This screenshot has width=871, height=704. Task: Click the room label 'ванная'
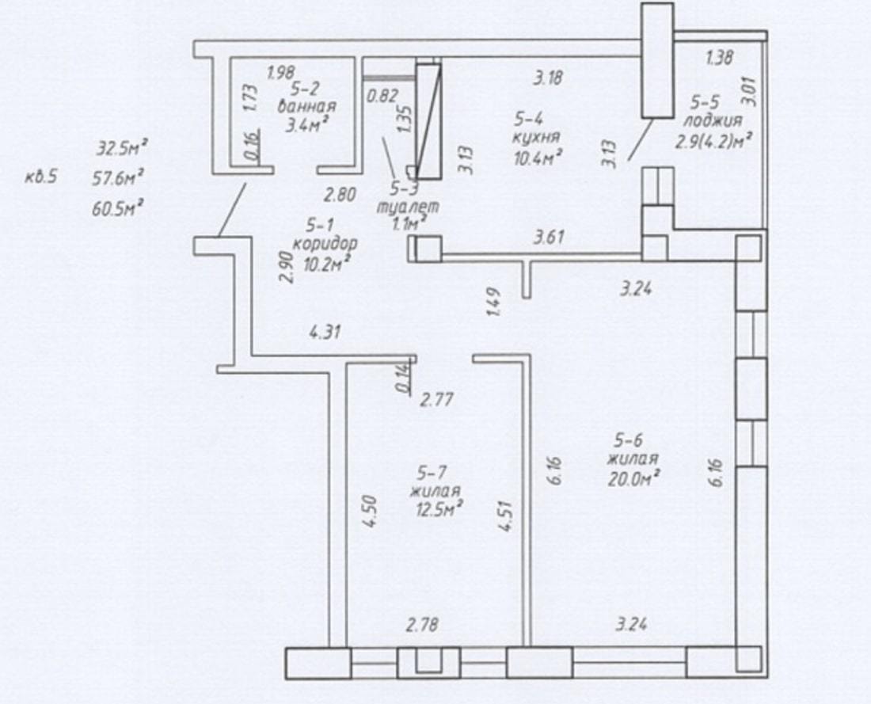tap(307, 106)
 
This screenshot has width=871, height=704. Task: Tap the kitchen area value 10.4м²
tap(535, 158)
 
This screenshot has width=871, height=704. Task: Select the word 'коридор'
tap(325, 243)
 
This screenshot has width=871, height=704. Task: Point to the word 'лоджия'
tap(713, 120)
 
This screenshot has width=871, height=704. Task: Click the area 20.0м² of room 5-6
tap(633, 478)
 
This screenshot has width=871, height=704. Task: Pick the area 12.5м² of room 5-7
tap(439, 508)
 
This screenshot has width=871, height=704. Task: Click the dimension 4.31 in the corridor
tap(325, 333)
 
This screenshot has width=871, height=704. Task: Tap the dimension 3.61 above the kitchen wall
tap(549, 238)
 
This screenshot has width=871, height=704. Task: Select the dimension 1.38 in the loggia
tap(719, 57)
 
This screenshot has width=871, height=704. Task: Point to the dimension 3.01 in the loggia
tap(749, 91)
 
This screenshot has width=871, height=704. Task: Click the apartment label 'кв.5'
tap(41, 178)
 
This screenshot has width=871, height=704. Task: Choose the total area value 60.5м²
tap(119, 210)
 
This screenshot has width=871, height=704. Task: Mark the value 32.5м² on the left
tap(122, 149)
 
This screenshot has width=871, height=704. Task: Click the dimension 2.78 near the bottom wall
tap(421, 625)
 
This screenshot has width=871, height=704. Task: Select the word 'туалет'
tap(409, 207)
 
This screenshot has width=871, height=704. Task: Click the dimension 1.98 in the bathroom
tap(280, 72)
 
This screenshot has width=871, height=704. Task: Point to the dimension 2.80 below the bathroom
tap(340, 195)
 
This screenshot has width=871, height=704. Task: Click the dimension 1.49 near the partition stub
tap(494, 302)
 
